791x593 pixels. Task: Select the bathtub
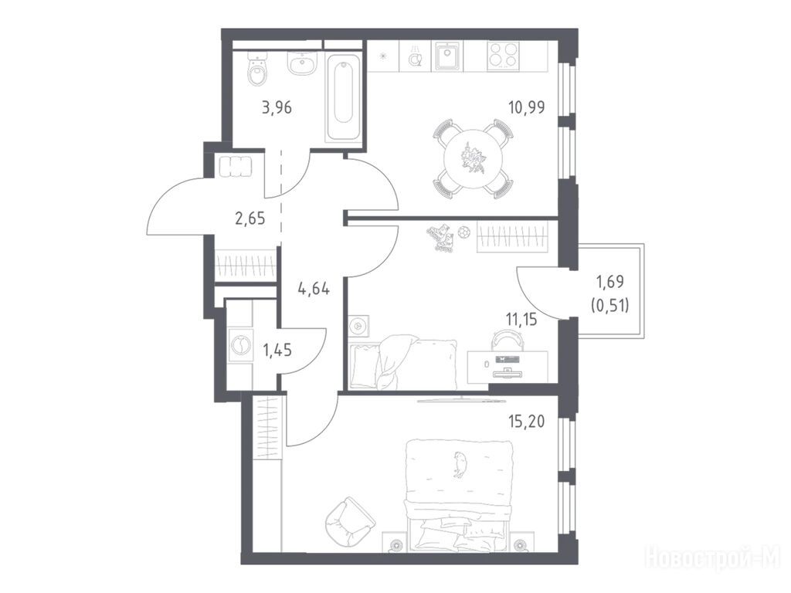pyautogui.click(x=344, y=97)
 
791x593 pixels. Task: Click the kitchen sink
pyautogui.click(x=446, y=56)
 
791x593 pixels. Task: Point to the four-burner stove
pyautogui.click(x=504, y=56)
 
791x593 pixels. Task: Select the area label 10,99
pyautogui.click(x=527, y=107)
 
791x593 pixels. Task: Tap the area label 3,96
pyautogui.click(x=277, y=107)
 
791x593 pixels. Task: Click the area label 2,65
pyautogui.click(x=250, y=219)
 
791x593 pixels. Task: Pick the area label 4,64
pyautogui.click(x=314, y=290)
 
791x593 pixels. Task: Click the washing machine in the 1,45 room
pyautogui.click(x=240, y=345)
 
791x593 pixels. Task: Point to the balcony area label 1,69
pyautogui.click(x=610, y=282)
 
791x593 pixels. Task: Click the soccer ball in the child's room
pyautogui.click(x=463, y=232)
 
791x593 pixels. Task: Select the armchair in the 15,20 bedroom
pyautogui.click(x=349, y=520)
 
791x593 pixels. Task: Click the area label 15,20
pyautogui.click(x=527, y=421)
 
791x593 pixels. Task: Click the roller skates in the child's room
pyautogui.click(x=441, y=238)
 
